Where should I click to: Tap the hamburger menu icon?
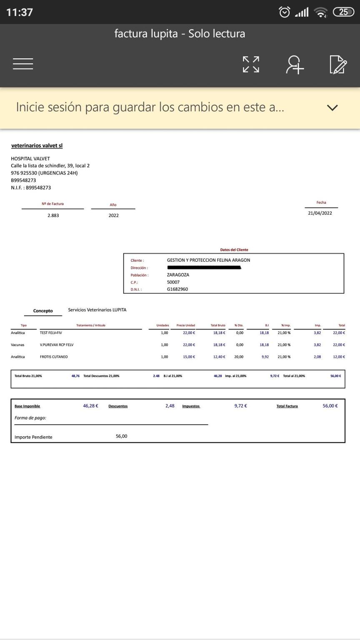tap(23, 64)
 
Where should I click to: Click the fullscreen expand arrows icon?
tap(251, 64)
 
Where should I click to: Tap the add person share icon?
tap(295, 65)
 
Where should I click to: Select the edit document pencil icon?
tap(337, 65)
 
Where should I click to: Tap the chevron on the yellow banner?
tap(332, 107)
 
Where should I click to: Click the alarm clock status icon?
tap(284, 12)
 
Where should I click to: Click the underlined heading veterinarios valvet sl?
tap(37, 145)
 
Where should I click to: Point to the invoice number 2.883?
tap(53, 215)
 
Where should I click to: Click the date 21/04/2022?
tap(320, 213)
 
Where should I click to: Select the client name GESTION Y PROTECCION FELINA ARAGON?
tap(208, 260)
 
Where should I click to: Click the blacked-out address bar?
tap(204, 267)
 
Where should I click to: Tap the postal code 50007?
tap(173, 282)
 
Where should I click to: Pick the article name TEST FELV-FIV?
tap(51, 333)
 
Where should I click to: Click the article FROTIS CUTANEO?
tap(54, 357)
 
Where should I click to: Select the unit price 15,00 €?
tap(189, 357)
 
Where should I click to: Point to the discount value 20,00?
tap(239, 357)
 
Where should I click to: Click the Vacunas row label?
tap(17, 345)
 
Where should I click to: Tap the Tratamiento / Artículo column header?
tap(91, 325)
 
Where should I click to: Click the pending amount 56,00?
tap(121, 436)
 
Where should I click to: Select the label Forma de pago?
tap(30, 418)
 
